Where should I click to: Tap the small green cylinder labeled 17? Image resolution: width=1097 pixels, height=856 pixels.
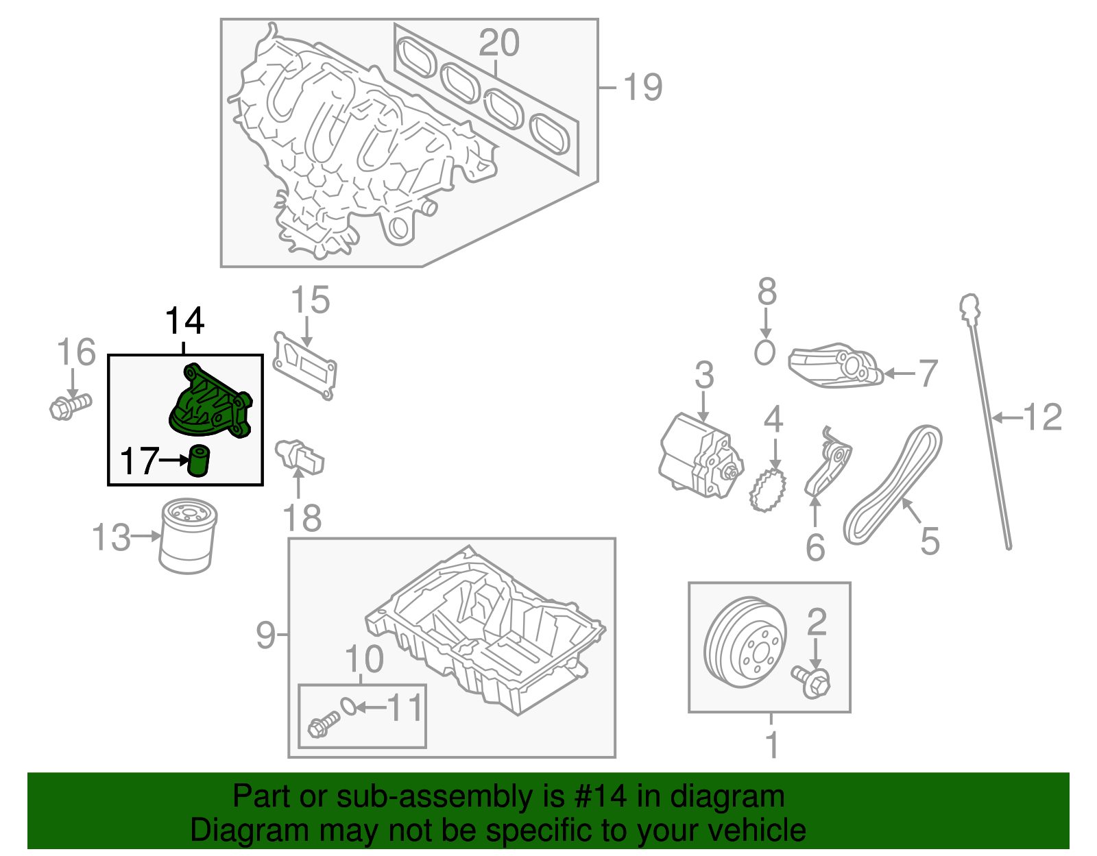(x=199, y=460)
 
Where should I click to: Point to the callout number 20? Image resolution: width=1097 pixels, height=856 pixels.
(x=498, y=43)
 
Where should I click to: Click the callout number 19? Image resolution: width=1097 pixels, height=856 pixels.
(x=642, y=88)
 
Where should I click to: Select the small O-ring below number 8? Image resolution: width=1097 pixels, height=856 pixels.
(x=764, y=353)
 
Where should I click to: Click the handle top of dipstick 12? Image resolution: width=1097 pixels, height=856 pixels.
(x=969, y=306)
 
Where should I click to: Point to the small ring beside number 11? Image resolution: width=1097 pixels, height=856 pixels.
(x=348, y=706)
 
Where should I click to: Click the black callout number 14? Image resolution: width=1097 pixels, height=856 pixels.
(x=184, y=321)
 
